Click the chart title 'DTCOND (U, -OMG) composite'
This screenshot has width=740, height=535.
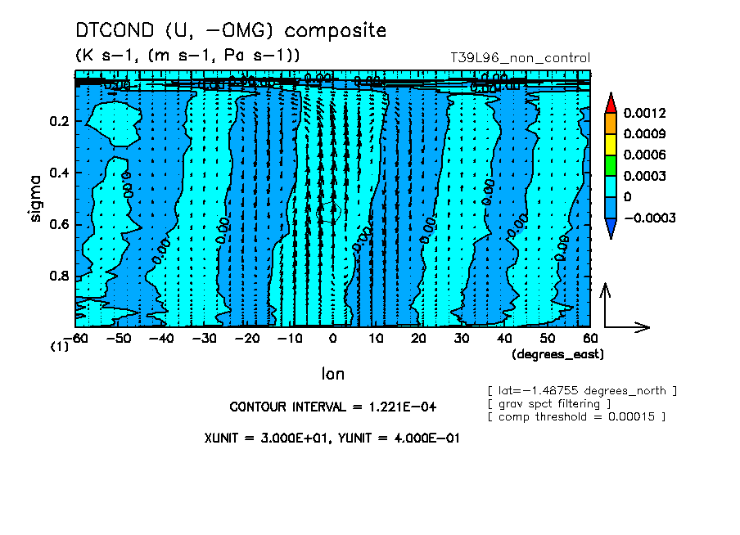(230, 31)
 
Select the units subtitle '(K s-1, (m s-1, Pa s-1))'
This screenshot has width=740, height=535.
(187, 56)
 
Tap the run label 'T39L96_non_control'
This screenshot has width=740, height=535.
(521, 58)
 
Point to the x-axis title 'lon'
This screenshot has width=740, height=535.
(332, 374)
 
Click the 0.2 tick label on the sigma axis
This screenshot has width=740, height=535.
(59, 122)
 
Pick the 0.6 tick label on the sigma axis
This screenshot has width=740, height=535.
(59, 225)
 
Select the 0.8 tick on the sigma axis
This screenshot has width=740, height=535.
(59, 276)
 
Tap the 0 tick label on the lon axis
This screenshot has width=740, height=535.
(332, 338)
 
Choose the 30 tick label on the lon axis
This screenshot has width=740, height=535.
(461, 338)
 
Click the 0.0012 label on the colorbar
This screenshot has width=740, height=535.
(644, 112)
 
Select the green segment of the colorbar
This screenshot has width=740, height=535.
(610, 165)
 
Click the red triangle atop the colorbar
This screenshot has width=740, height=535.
(610, 102)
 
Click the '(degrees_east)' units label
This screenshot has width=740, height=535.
(557, 354)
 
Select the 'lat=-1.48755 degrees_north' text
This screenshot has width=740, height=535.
(582, 390)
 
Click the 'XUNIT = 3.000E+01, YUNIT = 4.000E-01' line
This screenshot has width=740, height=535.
(332, 438)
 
